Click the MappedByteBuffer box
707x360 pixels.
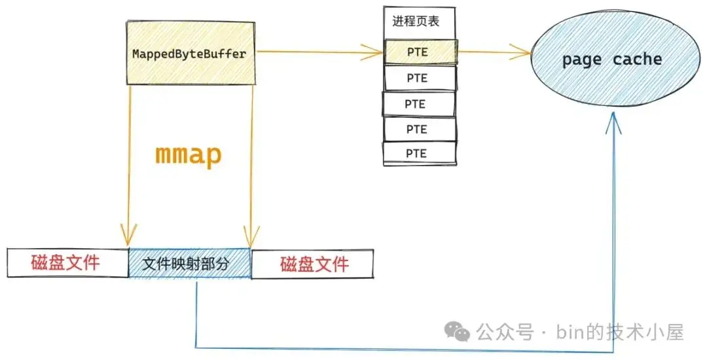click(x=189, y=54)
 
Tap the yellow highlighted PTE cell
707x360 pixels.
click(x=420, y=52)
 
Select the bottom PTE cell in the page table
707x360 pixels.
click(x=419, y=153)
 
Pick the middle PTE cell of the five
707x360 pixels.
click(x=418, y=103)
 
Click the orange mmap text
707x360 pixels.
click(x=188, y=154)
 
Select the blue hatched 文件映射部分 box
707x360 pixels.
click(x=190, y=264)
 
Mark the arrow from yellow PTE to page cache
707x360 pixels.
click(x=494, y=50)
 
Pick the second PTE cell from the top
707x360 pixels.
click(x=419, y=78)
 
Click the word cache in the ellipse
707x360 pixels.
click(x=638, y=60)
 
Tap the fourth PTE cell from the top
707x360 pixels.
click(x=418, y=129)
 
